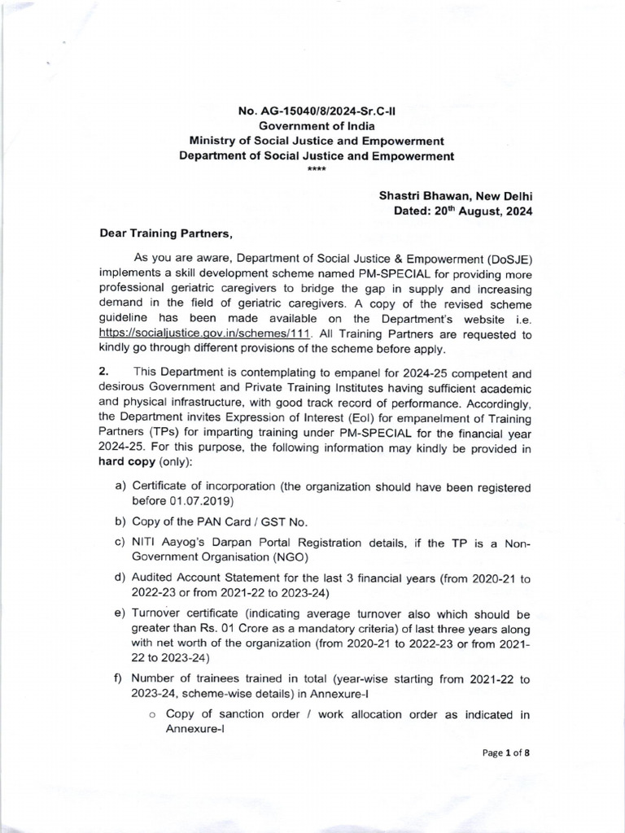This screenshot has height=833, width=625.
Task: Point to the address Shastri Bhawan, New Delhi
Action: [456, 196]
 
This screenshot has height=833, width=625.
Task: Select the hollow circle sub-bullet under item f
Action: [151, 715]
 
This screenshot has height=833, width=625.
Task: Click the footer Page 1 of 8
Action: [506, 752]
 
